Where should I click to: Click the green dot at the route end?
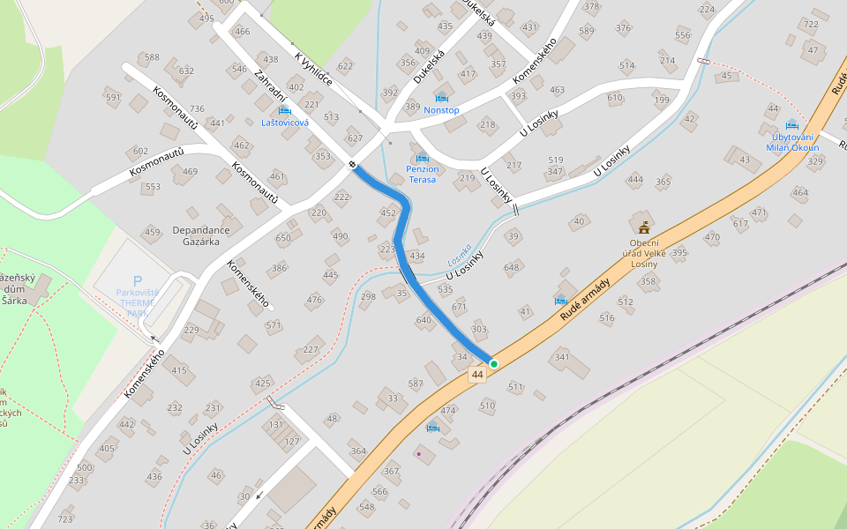(x=494, y=363)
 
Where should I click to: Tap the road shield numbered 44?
(x=477, y=375)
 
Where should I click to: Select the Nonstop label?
(x=441, y=110)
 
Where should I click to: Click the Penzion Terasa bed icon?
(x=422, y=157)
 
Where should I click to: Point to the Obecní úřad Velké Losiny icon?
(x=644, y=227)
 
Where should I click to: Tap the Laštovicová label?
(x=285, y=123)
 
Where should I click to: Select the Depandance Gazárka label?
(x=201, y=235)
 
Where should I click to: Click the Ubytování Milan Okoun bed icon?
(x=791, y=124)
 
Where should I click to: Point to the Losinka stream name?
(x=459, y=256)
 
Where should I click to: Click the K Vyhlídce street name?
(x=313, y=70)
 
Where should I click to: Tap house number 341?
(x=561, y=357)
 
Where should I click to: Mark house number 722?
(x=810, y=24)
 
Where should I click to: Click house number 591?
(x=113, y=98)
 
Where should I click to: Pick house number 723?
(x=65, y=519)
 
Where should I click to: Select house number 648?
(x=512, y=267)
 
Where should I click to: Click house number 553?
(x=153, y=187)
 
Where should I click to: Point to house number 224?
(x=707, y=10)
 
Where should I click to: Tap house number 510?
(x=487, y=406)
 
